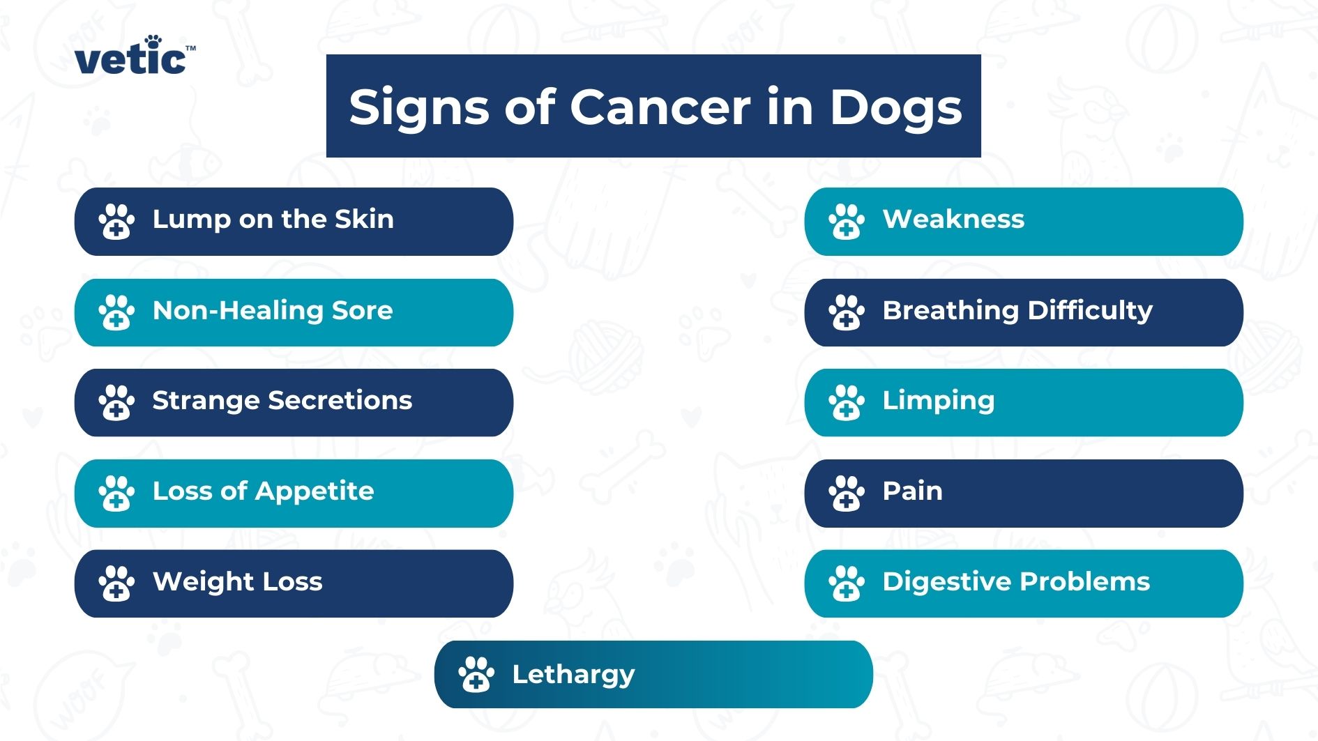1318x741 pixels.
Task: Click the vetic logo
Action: click(x=135, y=55)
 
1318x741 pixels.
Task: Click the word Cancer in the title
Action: click(x=660, y=107)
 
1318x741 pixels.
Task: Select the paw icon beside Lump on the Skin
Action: click(x=116, y=222)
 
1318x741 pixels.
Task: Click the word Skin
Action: click(x=364, y=219)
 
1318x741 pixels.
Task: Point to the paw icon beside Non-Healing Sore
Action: click(x=116, y=312)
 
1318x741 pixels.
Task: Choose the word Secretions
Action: click(x=340, y=400)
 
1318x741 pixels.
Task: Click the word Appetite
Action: click(x=315, y=491)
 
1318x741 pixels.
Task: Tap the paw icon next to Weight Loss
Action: click(x=116, y=583)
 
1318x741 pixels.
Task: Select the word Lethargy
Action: click(x=573, y=675)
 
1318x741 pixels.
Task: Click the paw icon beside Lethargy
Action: click(x=476, y=675)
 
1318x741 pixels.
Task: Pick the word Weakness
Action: click(x=953, y=219)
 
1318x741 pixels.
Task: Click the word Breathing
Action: click(x=950, y=311)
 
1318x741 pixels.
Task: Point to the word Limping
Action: click(x=939, y=402)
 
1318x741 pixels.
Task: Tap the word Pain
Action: click(x=912, y=491)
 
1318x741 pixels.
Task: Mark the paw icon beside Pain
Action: click(x=847, y=494)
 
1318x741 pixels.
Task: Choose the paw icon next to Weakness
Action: click(x=847, y=222)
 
